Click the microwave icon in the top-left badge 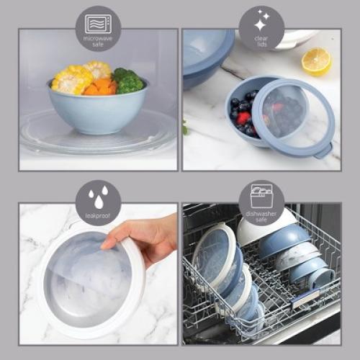coord(98,22)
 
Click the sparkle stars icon coord(261,19)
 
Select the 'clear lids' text coord(261,39)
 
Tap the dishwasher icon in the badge coord(261,196)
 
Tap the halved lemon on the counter coord(316,61)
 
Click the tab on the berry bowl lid coord(325,150)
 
